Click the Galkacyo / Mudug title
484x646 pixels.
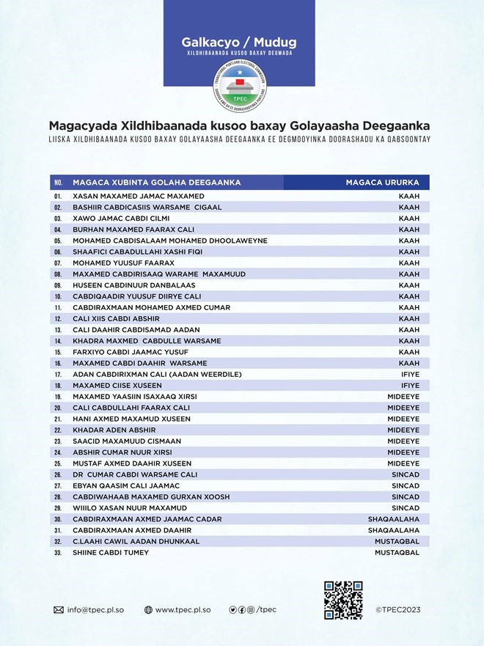pyautogui.click(x=239, y=42)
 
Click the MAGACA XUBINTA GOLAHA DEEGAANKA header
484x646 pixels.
pyautogui.click(x=157, y=183)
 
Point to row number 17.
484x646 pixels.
pyautogui.click(x=57, y=375)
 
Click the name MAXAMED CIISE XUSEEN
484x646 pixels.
pyautogui.click(x=117, y=386)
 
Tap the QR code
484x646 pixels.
pyautogui.click(x=343, y=600)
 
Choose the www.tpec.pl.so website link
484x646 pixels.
pyautogui.click(x=183, y=609)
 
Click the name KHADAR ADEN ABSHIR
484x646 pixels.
pyautogui.click(x=114, y=430)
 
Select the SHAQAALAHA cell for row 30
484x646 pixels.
pyautogui.click(x=393, y=519)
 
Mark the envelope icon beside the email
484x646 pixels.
pyautogui.click(x=59, y=609)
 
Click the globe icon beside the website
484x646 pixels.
pyautogui.click(x=149, y=609)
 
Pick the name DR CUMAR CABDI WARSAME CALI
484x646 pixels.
pyautogui.click(x=134, y=474)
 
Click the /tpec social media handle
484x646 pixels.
pyautogui.click(x=266, y=609)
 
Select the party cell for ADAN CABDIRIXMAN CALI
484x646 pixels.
pyautogui.click(x=408, y=375)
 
